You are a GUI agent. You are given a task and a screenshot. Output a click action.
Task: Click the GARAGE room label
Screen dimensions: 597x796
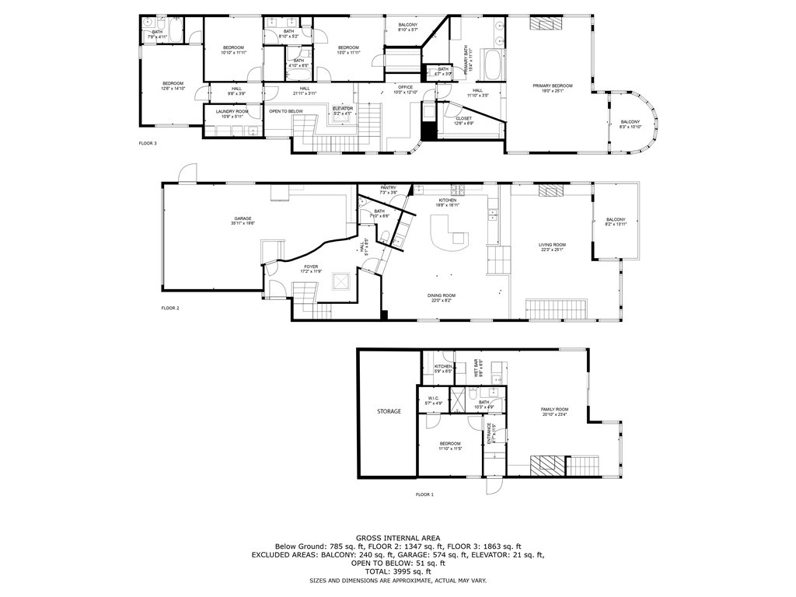point(243,218)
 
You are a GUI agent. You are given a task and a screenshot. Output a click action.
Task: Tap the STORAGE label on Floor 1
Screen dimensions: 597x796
point(389,410)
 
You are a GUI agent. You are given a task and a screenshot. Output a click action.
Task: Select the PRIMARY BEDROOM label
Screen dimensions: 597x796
point(552,86)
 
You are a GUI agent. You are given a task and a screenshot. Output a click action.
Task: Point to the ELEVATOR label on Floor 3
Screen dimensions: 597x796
point(343,108)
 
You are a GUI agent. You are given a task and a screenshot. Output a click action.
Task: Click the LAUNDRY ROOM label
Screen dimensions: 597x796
point(232,112)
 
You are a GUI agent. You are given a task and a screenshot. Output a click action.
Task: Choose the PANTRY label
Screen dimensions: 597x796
point(389,188)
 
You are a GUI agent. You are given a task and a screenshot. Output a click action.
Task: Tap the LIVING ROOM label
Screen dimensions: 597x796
point(553,245)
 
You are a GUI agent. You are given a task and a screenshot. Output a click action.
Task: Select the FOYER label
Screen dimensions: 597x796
point(311,267)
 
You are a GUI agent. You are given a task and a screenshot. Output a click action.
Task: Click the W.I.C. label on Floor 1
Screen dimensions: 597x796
point(435,400)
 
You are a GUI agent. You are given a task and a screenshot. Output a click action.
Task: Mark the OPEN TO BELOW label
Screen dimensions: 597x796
point(286,111)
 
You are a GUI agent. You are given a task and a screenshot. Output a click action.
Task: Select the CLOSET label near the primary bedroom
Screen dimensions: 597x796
point(463,119)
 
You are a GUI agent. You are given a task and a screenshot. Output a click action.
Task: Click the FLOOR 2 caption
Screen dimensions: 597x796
point(170,308)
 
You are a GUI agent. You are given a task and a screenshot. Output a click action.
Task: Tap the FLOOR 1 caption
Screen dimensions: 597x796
point(424,494)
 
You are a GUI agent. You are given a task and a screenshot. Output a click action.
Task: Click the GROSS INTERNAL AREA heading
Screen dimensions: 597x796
point(397,538)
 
